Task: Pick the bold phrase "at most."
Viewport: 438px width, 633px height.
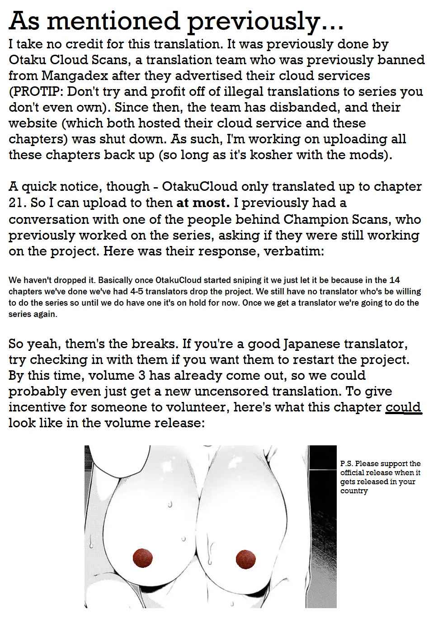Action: [x=203, y=203]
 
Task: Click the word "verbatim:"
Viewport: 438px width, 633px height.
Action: [x=294, y=251]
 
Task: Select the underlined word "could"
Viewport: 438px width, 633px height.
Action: [x=403, y=407]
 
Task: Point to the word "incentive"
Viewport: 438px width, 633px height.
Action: [x=37, y=407]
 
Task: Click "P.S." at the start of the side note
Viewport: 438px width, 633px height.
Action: [x=347, y=463]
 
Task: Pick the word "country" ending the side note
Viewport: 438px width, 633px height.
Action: [x=354, y=491]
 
